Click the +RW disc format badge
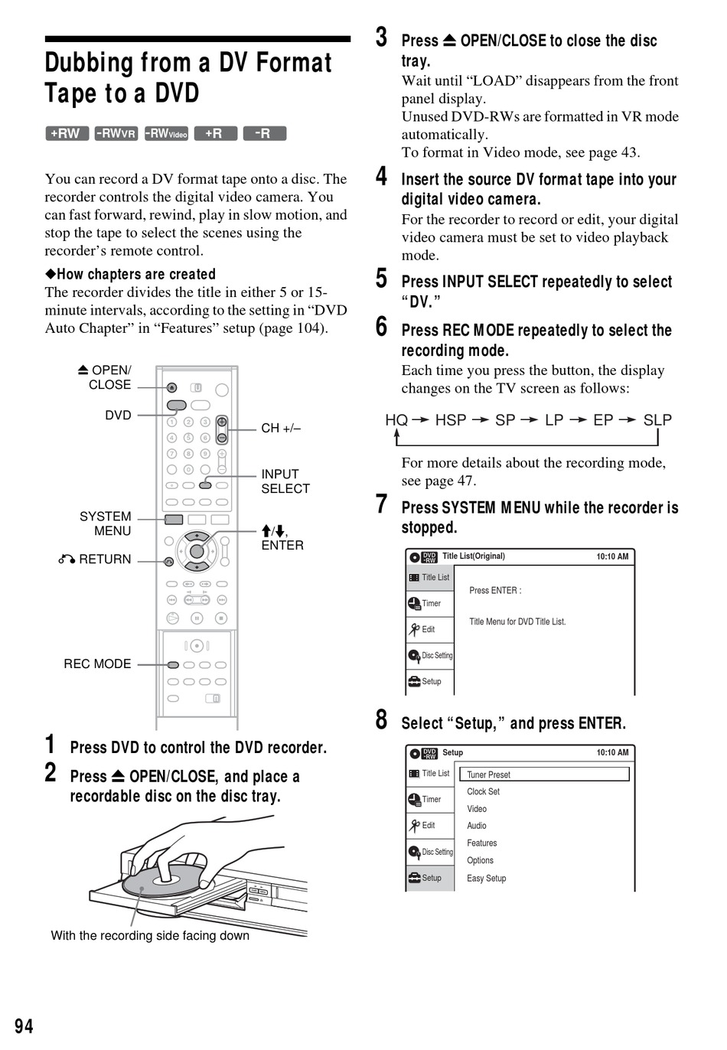[x=67, y=134]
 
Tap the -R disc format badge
[x=264, y=134]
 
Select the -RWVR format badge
[x=116, y=134]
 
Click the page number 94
[x=24, y=1026]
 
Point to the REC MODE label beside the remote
[x=97, y=664]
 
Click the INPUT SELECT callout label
[x=285, y=481]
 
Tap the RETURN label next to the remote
[x=95, y=559]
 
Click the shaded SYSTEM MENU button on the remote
[x=174, y=520]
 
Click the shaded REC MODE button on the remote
[x=173, y=665]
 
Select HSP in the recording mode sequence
[x=451, y=420]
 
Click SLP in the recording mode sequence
[x=657, y=420]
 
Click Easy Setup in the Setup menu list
[x=486, y=878]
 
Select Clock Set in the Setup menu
[x=483, y=791]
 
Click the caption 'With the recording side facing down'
[x=150, y=935]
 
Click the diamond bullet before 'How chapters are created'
[x=51, y=274]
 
